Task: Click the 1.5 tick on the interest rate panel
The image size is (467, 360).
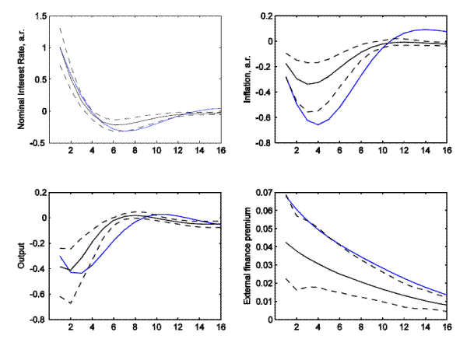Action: pos(36,16)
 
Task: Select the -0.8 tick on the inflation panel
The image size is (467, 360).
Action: pos(266,143)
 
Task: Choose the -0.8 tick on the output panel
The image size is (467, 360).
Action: pos(34,320)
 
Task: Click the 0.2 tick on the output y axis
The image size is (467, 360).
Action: pos(36,192)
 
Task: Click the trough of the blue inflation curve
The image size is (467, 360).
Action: pos(318,124)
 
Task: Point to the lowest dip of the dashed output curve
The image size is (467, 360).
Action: pos(71,302)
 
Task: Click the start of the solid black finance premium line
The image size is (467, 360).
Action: pos(286,243)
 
